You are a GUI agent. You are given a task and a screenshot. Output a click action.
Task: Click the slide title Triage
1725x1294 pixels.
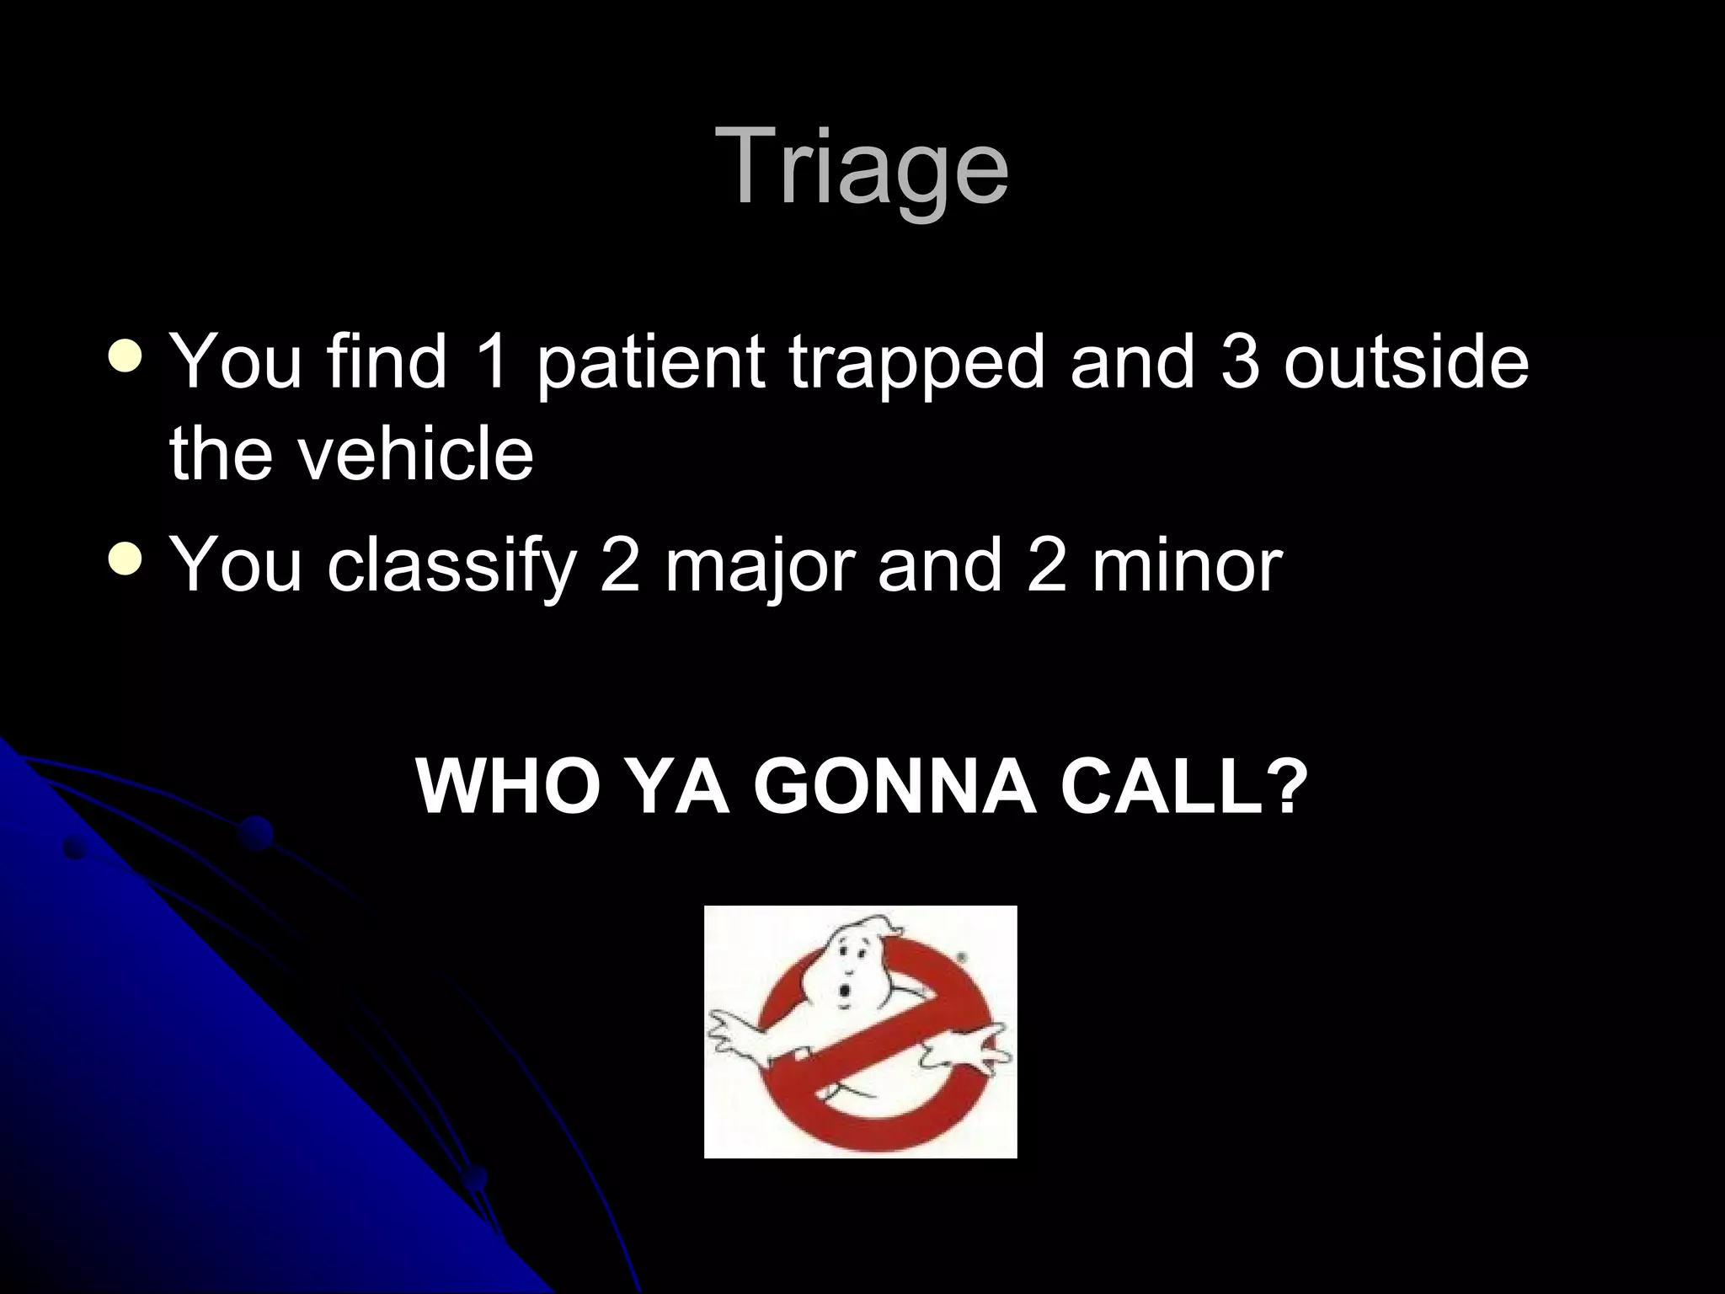(x=862, y=167)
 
